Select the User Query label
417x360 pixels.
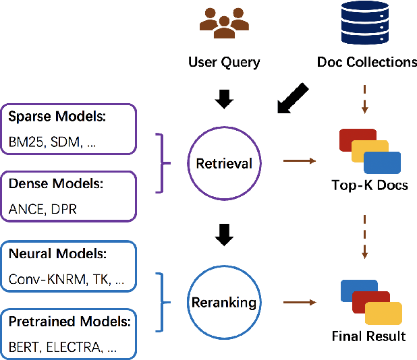[x=224, y=63]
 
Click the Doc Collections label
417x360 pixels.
[x=366, y=63]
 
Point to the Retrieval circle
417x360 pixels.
[x=223, y=162]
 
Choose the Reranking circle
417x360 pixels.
[x=223, y=303]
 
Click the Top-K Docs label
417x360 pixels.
[x=369, y=185]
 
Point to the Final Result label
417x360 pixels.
[x=369, y=336]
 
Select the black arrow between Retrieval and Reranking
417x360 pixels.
[x=223, y=235]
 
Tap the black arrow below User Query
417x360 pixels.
[x=223, y=99]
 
